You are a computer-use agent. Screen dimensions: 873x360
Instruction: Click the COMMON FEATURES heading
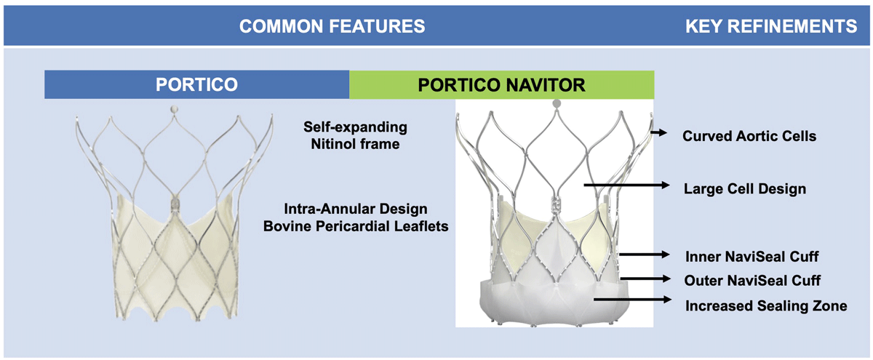(332, 26)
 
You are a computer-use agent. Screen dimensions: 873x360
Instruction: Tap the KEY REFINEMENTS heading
(771, 26)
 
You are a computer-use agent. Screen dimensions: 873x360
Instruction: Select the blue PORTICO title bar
(197, 84)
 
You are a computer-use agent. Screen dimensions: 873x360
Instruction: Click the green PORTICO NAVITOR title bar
(501, 85)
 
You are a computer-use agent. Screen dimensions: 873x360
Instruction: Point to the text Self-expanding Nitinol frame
(355, 135)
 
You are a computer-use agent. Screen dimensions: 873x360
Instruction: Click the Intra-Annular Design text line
(356, 209)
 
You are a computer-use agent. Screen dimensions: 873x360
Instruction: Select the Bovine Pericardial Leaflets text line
(356, 226)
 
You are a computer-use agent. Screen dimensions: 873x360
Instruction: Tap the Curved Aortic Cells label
(749, 136)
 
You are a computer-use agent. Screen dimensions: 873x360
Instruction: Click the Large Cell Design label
(745, 188)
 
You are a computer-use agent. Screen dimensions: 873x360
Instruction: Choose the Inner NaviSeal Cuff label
(752, 256)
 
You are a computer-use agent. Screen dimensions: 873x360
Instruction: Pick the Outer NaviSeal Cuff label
(752, 281)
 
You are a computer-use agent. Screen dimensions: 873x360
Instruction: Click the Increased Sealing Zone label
(766, 306)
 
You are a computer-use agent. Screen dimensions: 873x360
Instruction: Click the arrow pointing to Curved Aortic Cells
(658, 133)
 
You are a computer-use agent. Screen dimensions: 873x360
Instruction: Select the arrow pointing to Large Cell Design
(626, 185)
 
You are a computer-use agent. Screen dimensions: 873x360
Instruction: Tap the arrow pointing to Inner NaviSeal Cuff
(645, 255)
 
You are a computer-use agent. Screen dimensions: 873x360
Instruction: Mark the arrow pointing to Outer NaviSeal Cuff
(645, 279)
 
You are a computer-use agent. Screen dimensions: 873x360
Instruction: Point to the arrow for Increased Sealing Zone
(632, 300)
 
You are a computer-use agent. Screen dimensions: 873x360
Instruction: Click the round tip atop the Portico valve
(174, 108)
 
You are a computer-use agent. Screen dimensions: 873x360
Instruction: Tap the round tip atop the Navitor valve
(557, 103)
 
